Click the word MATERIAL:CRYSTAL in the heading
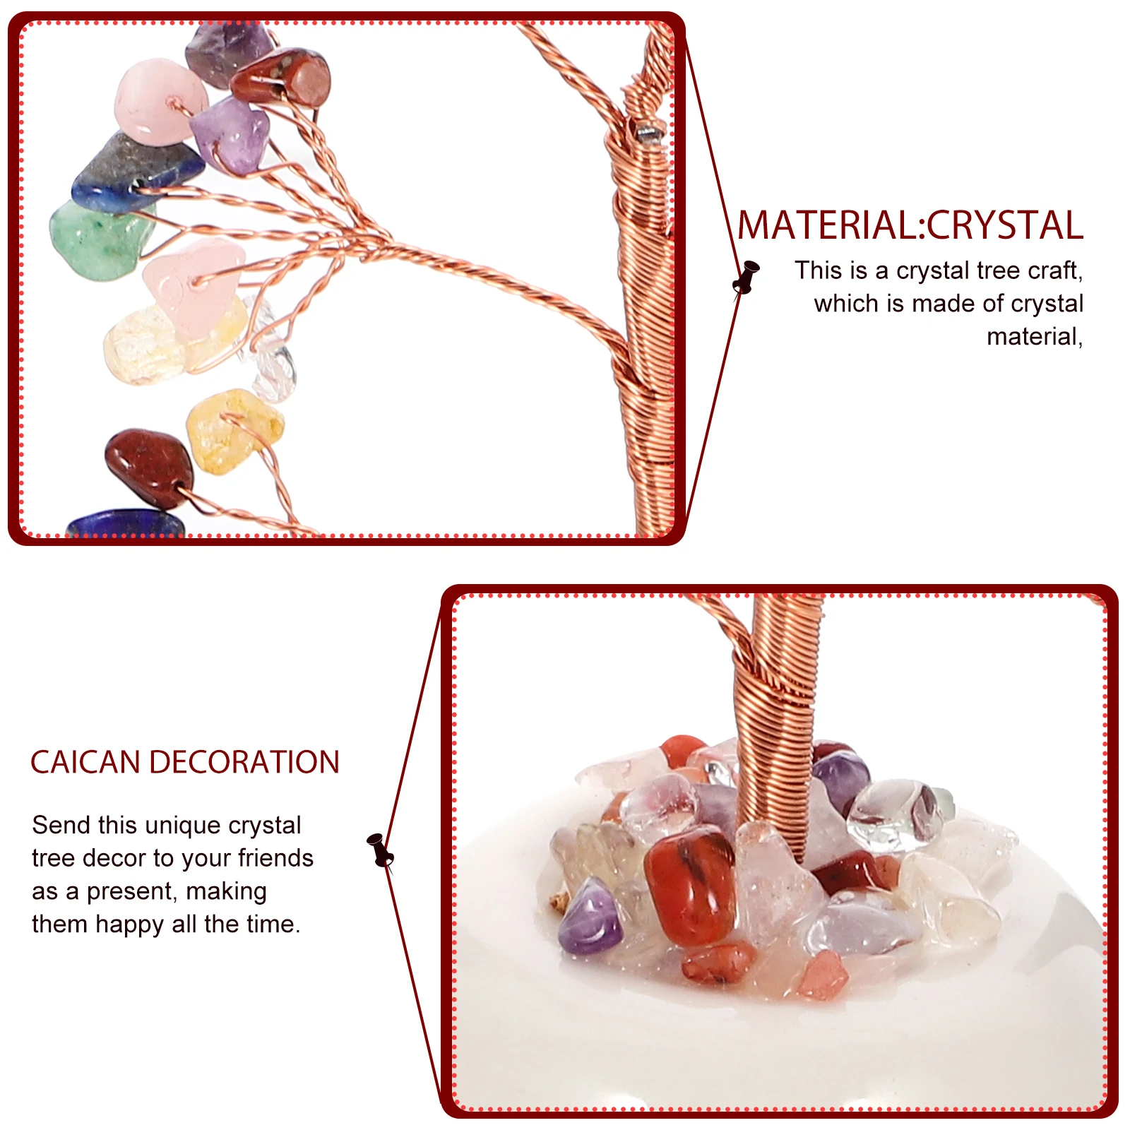[x=910, y=226]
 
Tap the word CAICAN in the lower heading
[x=85, y=763]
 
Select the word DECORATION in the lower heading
[x=244, y=763]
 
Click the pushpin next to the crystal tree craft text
[x=746, y=276]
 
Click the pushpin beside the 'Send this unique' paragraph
[x=380, y=850]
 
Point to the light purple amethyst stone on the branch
[x=230, y=134]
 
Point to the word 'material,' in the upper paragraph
[x=1034, y=337]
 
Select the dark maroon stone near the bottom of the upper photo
[x=147, y=466]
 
